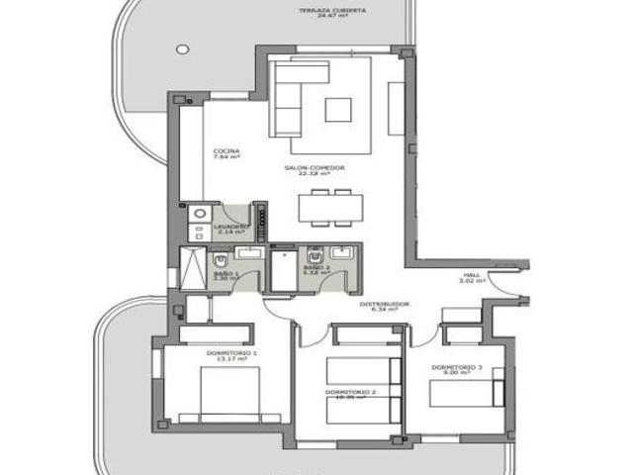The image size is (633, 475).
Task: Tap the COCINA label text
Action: click(226, 151)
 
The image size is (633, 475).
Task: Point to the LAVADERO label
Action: click(229, 226)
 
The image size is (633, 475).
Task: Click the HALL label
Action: click(471, 274)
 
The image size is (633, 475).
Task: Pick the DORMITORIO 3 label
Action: click(456, 367)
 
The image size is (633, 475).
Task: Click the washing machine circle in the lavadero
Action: click(200, 213)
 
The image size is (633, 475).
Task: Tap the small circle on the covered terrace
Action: click(182, 47)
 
